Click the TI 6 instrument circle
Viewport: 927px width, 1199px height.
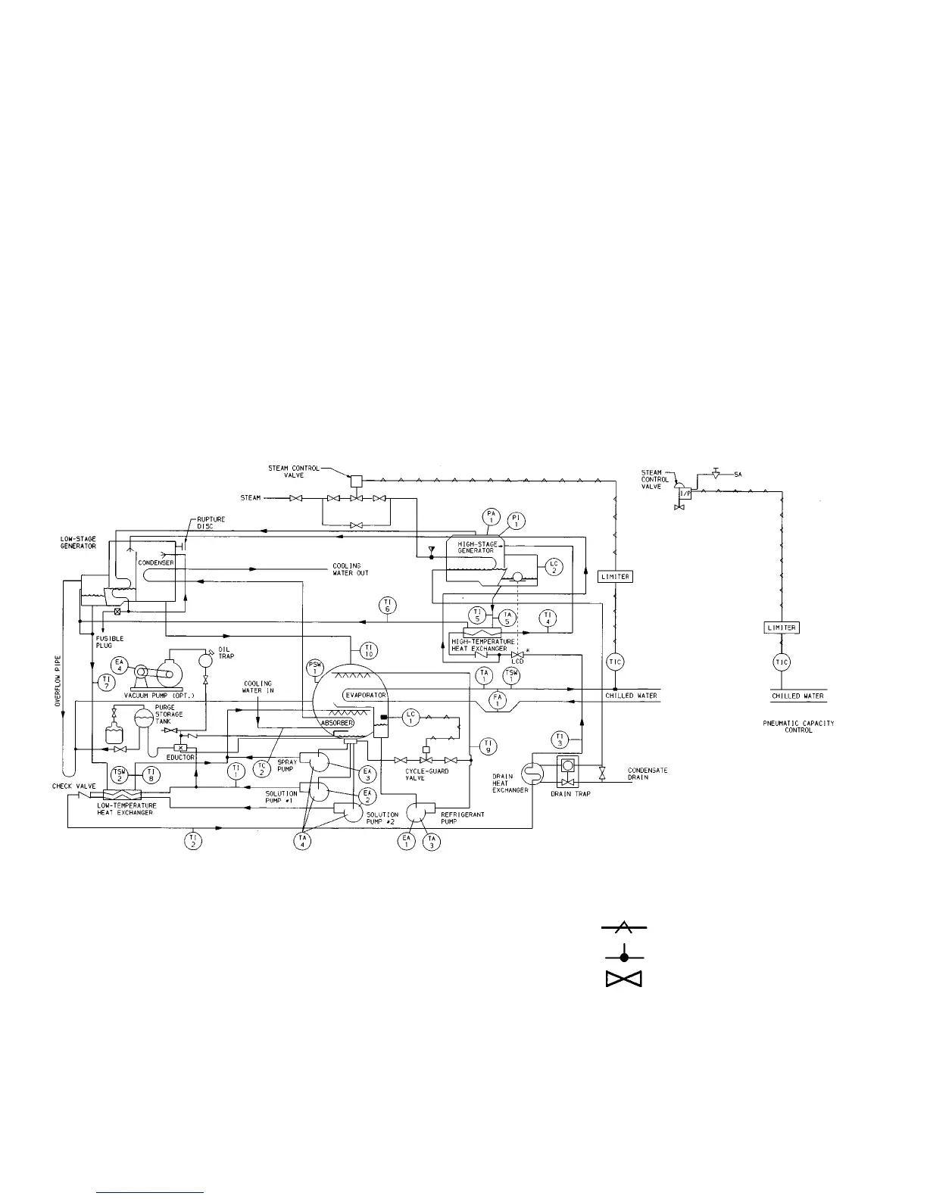point(388,604)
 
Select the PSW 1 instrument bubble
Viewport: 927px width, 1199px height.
point(316,668)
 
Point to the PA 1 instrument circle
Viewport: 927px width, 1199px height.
point(491,518)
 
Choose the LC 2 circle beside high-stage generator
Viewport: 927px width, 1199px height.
point(554,566)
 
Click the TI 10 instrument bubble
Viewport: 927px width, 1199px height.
point(369,650)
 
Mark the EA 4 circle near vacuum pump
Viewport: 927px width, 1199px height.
point(119,665)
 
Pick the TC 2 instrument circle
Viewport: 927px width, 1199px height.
point(262,768)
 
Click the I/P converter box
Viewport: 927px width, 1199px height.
point(684,493)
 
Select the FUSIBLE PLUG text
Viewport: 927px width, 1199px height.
point(104,642)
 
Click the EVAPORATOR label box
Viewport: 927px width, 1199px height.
point(367,695)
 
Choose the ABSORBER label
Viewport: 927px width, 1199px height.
point(337,723)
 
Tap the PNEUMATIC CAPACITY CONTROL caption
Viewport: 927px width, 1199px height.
point(798,727)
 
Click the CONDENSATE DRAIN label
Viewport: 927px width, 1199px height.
point(648,774)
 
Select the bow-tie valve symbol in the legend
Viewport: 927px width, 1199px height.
point(624,980)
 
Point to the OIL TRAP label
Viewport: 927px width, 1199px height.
point(226,652)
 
